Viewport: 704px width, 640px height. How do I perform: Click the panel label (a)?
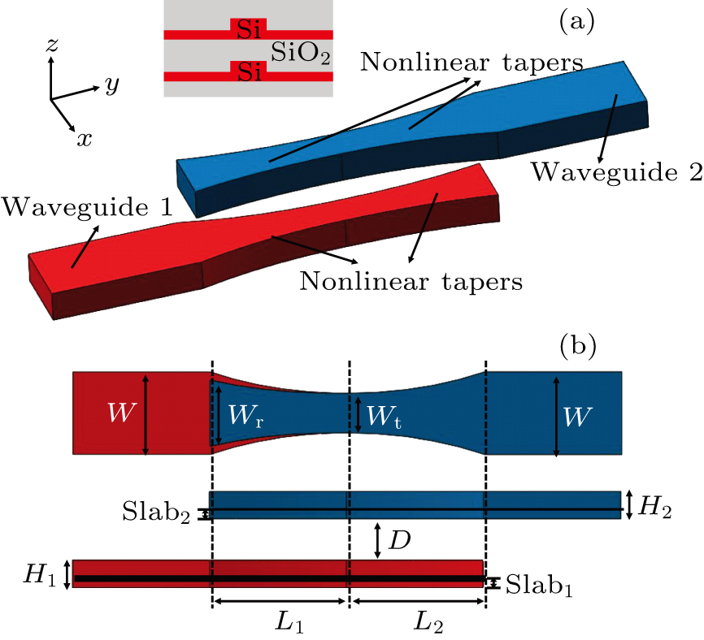pyautogui.click(x=577, y=22)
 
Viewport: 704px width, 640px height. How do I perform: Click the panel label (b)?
pyautogui.click(x=578, y=345)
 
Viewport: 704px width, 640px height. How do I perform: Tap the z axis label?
pyautogui.click(x=53, y=45)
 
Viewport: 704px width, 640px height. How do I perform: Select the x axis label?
pyautogui.click(x=84, y=140)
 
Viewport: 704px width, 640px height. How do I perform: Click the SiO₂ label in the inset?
pyautogui.click(x=300, y=53)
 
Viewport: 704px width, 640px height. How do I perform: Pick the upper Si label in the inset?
pyautogui.click(x=248, y=29)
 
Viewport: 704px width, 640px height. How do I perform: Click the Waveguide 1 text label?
pyautogui.click(x=87, y=207)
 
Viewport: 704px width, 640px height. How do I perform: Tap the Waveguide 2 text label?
pyautogui.click(x=617, y=172)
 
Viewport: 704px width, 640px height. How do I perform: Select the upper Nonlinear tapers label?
pyautogui.click(x=472, y=63)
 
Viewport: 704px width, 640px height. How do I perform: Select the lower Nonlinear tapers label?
pyautogui.click(x=411, y=282)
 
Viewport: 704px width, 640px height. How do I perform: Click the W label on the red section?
pyautogui.click(x=122, y=412)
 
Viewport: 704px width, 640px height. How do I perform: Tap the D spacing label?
pyautogui.click(x=400, y=541)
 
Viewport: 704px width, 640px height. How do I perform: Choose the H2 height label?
pyautogui.click(x=655, y=508)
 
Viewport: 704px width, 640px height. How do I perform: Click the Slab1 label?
pyautogui.click(x=539, y=585)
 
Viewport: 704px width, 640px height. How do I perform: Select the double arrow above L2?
pyautogui.click(x=418, y=601)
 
